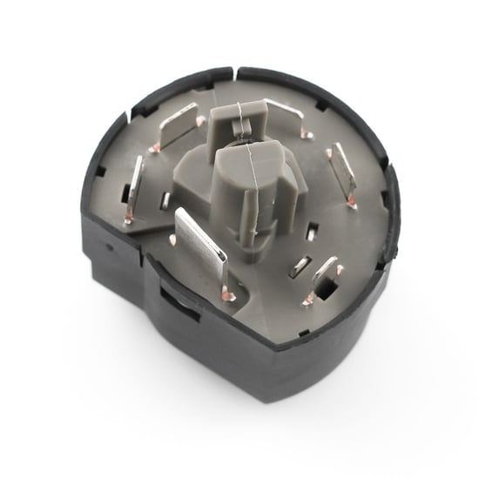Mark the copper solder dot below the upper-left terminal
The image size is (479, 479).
point(156,147)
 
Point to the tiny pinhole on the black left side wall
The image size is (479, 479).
point(111,246)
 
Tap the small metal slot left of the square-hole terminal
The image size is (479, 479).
point(299,266)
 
